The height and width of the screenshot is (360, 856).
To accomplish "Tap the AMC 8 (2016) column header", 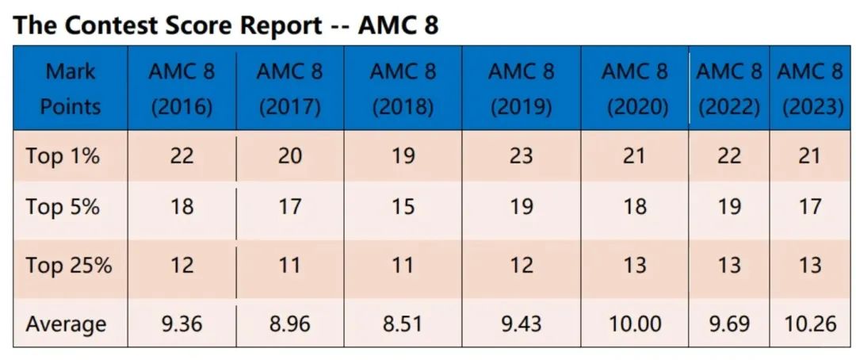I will (x=182, y=89).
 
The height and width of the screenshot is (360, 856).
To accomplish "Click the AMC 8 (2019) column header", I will (x=521, y=89).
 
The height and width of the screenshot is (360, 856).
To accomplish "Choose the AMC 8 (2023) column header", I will (x=809, y=89).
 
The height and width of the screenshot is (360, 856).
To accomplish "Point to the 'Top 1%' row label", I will (x=63, y=156).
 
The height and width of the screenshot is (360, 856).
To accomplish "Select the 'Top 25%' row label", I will (x=68, y=265).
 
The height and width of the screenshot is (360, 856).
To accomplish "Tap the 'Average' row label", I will (x=66, y=324).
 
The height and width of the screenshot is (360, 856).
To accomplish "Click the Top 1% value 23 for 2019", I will (x=521, y=156).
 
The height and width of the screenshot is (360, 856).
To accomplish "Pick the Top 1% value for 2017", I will (x=289, y=156).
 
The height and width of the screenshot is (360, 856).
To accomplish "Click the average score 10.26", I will (x=809, y=324).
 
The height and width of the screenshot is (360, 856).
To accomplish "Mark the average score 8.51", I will (x=403, y=324).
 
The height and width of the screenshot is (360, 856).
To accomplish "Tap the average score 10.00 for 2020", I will (x=634, y=324).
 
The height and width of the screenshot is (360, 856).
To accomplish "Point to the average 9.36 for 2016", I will (x=182, y=324).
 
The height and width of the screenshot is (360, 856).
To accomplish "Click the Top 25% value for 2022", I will (x=728, y=265).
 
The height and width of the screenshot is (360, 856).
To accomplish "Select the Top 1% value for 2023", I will (x=809, y=156).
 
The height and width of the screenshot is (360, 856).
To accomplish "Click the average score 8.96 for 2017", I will (x=289, y=324).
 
